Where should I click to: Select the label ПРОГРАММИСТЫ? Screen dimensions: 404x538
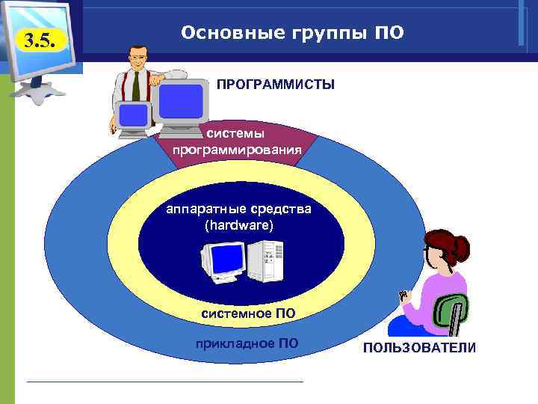276,85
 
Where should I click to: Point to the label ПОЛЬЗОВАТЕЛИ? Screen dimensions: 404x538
419,349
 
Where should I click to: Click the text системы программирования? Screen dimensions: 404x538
237,141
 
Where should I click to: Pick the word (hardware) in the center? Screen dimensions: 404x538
239,224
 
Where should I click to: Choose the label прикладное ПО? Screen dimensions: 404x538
246,343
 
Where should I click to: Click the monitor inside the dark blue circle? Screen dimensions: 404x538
224,262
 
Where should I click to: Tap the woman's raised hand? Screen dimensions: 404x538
406,296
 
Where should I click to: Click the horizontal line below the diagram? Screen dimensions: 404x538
164,382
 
